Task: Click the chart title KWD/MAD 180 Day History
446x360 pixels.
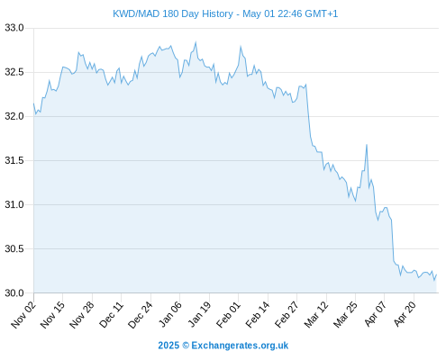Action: tap(173, 14)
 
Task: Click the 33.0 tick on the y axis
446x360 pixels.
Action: tap(14, 28)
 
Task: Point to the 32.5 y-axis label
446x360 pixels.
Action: tap(14, 72)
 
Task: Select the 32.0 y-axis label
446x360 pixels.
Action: tap(14, 116)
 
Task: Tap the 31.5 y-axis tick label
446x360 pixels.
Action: tap(14, 160)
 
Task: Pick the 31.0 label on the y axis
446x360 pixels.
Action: tap(14, 204)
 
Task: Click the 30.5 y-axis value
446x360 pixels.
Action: tap(14, 248)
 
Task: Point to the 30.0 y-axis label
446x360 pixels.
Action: tap(14, 292)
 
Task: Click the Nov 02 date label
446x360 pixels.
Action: tap(23, 314)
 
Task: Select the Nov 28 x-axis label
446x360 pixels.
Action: tap(82, 314)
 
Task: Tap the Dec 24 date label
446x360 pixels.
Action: tap(141, 314)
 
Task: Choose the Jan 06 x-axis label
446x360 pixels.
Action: tap(169, 314)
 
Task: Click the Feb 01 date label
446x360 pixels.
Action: tap(228, 314)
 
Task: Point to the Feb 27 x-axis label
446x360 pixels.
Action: tap(287, 314)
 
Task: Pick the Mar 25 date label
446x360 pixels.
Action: tap(345, 314)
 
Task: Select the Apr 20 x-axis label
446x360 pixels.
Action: tap(405, 314)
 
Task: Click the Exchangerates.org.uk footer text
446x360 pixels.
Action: tap(240, 346)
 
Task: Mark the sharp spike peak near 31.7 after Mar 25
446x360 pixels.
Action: tap(367, 145)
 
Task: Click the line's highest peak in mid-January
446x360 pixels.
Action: tap(196, 42)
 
